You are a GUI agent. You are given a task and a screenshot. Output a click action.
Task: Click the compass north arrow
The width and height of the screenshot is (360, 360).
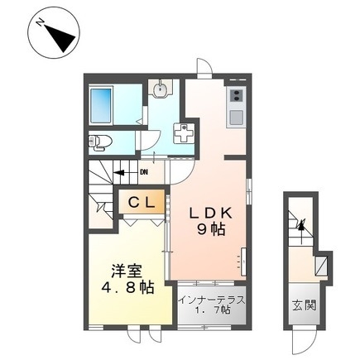click(x=56, y=36)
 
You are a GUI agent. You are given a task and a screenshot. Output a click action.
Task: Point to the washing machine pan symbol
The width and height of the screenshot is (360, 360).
click(x=184, y=133)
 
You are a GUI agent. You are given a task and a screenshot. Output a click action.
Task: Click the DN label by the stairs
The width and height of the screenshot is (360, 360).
click(x=143, y=172)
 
